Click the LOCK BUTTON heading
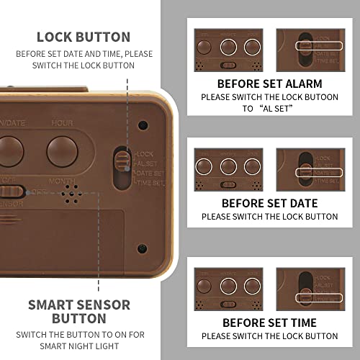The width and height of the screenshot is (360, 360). click(x=84, y=37)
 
